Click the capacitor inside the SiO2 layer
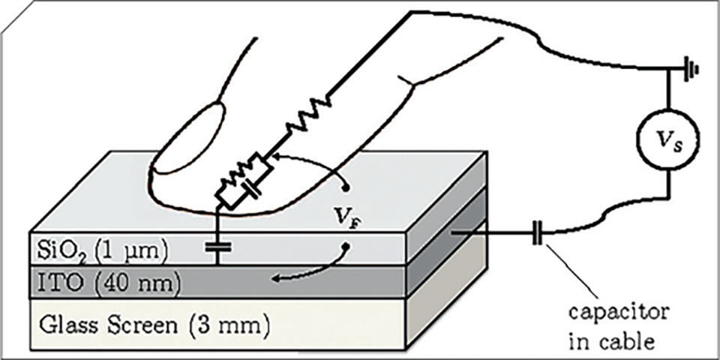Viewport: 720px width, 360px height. coord(219,245)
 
